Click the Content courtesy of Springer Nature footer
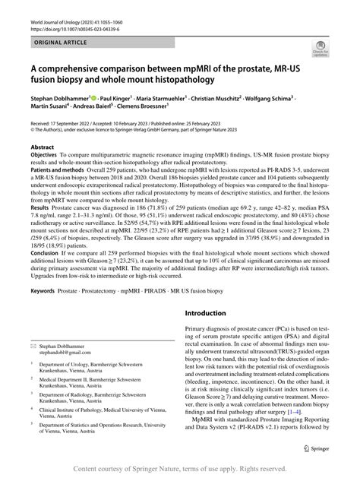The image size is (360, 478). [x=180, y=470]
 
